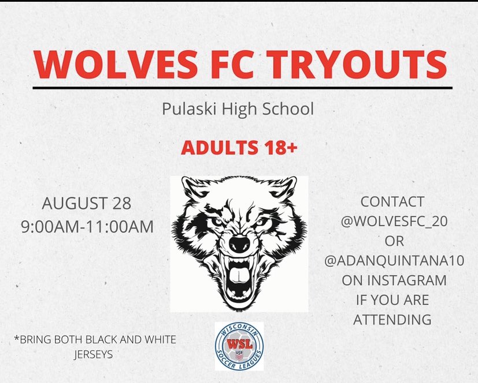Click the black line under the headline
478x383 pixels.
point(239,89)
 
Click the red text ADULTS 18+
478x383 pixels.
point(239,148)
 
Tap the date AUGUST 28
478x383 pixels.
point(87,204)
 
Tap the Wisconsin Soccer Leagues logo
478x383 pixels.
point(239,346)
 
